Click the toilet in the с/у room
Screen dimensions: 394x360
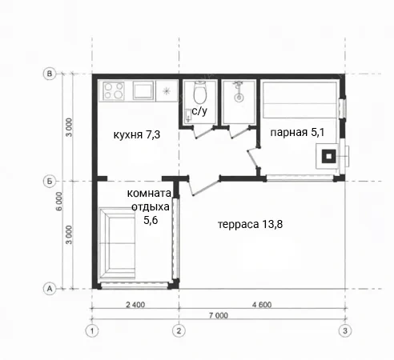[200, 92]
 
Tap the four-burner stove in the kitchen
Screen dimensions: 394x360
[114, 90]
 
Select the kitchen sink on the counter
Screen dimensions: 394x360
[143, 90]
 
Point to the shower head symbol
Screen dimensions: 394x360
[239, 91]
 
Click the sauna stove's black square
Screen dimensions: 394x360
[328, 156]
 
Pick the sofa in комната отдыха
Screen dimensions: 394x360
[117, 243]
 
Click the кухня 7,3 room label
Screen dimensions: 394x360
[137, 134]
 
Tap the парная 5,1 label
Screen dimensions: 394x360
[297, 132]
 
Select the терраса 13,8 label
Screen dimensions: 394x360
[250, 224]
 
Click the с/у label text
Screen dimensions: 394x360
[199, 111]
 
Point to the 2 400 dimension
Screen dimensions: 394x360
[135, 305]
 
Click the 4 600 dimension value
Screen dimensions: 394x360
[262, 305]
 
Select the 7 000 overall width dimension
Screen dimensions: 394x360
[219, 315]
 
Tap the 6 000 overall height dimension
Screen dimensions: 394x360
[59, 202]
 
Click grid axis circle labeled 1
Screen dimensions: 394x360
[92, 331]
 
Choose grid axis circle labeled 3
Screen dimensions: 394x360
[345, 331]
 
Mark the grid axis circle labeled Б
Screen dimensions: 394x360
[50, 182]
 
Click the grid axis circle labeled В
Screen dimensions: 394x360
[50, 74]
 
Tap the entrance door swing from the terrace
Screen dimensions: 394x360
[204, 186]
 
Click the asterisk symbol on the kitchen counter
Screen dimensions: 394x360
[167, 91]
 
